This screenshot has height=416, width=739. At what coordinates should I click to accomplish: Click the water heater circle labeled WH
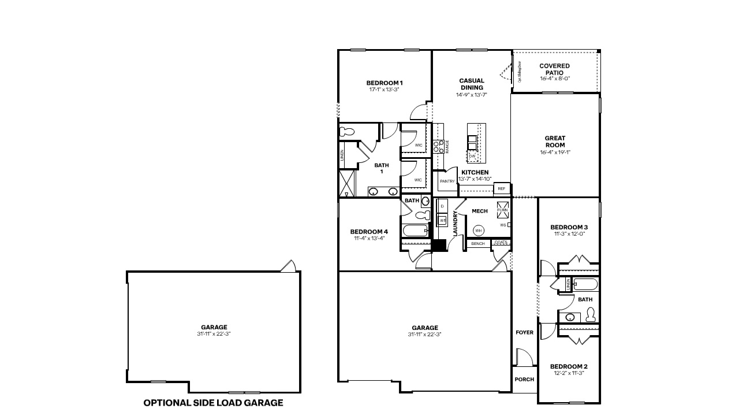(478, 231)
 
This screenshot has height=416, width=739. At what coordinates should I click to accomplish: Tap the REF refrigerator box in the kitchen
(501, 189)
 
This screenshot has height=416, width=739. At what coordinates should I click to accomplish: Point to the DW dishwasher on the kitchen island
(472, 156)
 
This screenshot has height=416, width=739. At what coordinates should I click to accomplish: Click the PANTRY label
(447, 181)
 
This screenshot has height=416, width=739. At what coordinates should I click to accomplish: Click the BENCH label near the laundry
(477, 244)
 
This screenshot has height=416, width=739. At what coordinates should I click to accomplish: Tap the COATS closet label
(501, 243)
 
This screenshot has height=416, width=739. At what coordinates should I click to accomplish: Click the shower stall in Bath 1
(348, 184)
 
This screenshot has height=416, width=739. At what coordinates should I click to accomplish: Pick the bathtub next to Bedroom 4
(415, 231)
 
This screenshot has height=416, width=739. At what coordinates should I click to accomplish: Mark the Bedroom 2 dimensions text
(569, 373)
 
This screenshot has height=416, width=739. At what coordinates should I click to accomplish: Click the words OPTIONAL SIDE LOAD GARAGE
(213, 403)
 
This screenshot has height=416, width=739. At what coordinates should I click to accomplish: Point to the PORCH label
(524, 380)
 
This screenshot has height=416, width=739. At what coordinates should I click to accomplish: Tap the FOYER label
(524, 333)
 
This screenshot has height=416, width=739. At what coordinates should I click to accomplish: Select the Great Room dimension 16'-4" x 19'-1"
(555, 153)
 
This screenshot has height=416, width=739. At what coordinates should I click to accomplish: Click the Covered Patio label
(554, 69)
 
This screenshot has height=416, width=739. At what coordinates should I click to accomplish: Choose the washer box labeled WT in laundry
(443, 220)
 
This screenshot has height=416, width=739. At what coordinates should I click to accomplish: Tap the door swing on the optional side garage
(288, 266)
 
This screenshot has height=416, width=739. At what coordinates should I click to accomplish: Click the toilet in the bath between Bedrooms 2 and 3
(590, 315)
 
